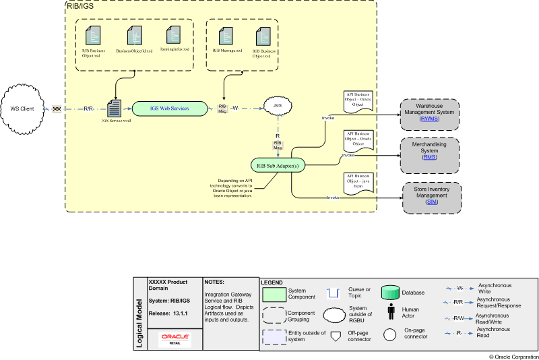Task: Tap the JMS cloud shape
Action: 276,107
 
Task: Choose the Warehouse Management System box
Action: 429,112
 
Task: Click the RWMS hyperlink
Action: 429,119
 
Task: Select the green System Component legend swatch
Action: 274,293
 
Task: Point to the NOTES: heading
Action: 216,282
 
